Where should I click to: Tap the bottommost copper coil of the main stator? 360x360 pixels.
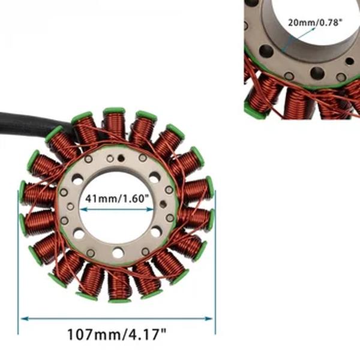[119, 285]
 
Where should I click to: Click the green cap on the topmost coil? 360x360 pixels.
[113, 111]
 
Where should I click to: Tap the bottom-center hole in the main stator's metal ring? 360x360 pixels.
[118, 253]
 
